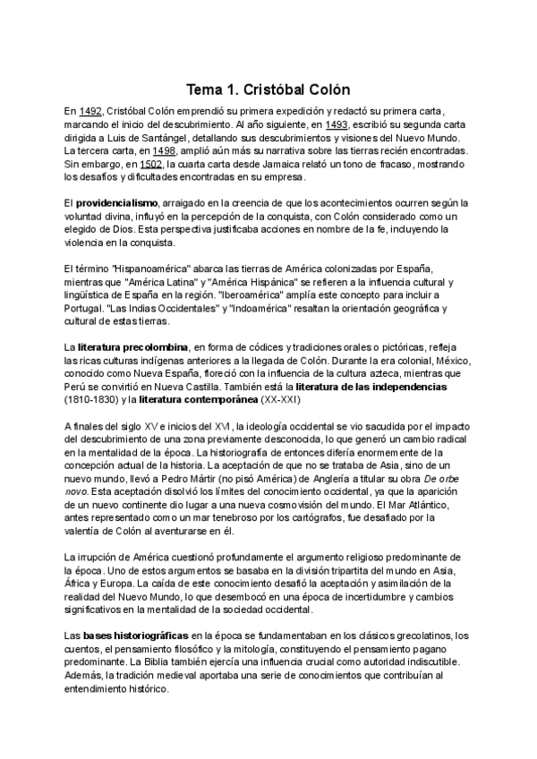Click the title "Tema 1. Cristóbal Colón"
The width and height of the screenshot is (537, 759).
coord(268,90)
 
